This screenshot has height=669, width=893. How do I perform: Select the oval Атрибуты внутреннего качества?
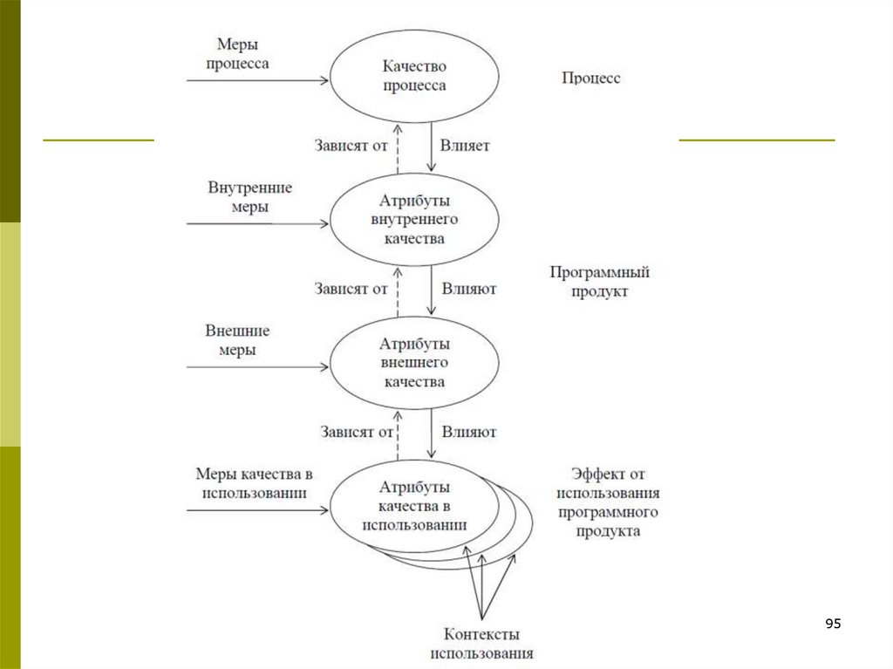point(414,220)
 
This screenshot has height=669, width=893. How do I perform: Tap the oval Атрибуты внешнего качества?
point(414,363)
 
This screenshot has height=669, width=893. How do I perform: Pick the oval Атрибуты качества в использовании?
point(414,506)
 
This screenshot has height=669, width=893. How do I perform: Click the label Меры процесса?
point(237,53)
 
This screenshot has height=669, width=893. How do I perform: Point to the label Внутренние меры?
point(249,197)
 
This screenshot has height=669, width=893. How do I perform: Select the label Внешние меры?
point(237,340)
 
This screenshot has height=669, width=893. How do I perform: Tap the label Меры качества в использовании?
point(254,482)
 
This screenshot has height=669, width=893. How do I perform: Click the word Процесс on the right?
point(590,78)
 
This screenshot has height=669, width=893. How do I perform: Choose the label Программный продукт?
point(599,282)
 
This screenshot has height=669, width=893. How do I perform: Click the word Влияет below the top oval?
point(465,146)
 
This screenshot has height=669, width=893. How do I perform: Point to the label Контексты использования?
point(481,644)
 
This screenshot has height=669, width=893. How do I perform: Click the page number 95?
point(833,624)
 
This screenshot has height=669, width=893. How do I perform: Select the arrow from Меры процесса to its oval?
point(257,81)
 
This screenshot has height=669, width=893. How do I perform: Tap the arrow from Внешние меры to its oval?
point(257,366)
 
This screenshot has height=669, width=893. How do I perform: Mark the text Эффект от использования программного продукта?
point(608,502)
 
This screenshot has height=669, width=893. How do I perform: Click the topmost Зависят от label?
point(351,146)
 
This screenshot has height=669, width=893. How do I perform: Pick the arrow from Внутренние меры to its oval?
point(257,223)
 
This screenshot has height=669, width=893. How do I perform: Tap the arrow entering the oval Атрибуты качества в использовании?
point(257,509)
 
